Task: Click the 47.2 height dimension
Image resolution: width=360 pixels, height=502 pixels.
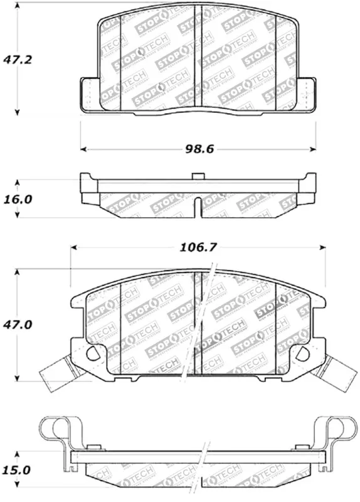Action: click(18, 61)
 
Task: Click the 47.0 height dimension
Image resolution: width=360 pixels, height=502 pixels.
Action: click(18, 326)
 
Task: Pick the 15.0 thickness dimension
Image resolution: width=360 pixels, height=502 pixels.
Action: click(18, 469)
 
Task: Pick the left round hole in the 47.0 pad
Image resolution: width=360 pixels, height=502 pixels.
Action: click(92, 353)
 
